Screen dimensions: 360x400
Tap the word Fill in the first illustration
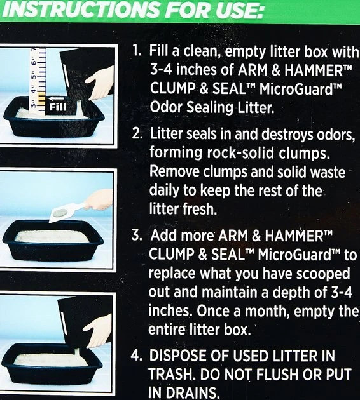57,107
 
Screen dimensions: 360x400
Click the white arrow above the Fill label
57,98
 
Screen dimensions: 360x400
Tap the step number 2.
137,133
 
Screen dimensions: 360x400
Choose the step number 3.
137,235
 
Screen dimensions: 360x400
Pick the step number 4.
136,356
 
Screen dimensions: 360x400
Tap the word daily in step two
163,190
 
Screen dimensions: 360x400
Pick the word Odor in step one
166,107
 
